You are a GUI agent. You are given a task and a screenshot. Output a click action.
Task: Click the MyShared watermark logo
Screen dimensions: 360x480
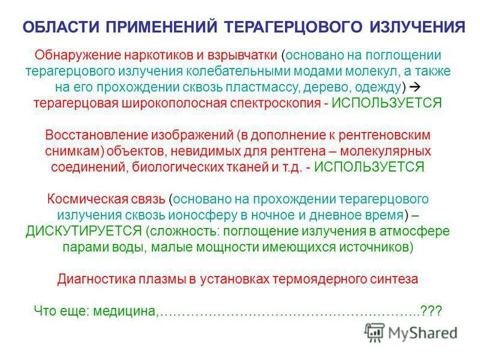[412, 332]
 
